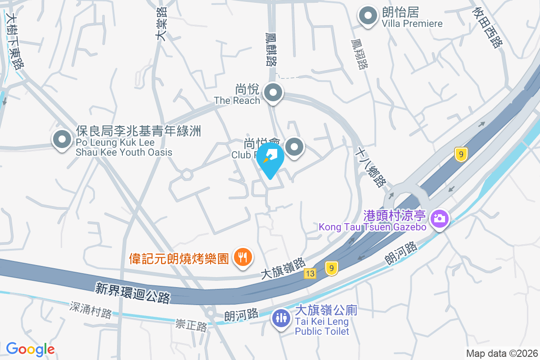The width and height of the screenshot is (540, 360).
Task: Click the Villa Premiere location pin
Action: point(368,16)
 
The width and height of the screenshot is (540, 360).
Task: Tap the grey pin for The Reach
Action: point(273,94)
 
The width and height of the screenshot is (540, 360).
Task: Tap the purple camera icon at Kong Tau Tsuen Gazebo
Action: point(438,219)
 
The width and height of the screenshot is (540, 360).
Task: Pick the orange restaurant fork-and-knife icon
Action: point(243,257)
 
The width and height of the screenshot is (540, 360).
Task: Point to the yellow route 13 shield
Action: point(310,273)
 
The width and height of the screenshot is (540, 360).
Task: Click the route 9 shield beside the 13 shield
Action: point(332,269)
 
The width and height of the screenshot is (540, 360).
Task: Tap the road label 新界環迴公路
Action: point(133,292)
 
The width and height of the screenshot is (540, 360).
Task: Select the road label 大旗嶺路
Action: point(283,268)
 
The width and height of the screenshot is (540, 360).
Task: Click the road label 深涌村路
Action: point(90,310)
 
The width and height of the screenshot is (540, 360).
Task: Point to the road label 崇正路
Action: point(191,324)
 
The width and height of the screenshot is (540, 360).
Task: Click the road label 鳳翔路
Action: point(359,54)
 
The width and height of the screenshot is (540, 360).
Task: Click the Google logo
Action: point(30,349)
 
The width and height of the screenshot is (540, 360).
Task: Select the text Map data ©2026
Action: point(501,353)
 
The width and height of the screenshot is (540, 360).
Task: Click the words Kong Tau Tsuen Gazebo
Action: point(373,227)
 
